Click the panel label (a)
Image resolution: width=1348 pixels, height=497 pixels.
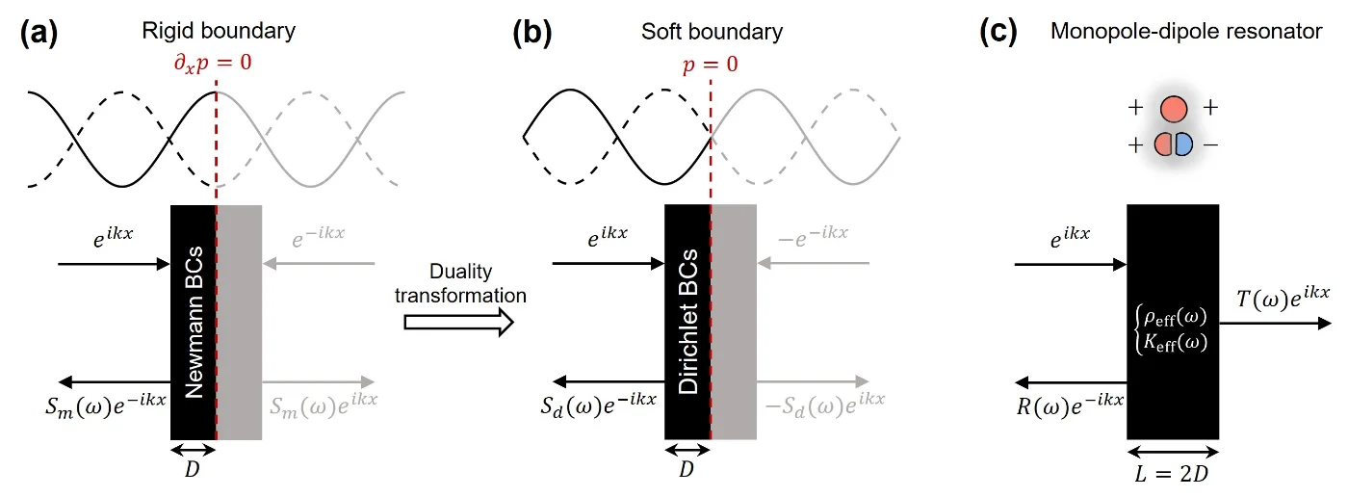[39, 32]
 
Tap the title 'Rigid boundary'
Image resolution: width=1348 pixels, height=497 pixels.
[219, 31]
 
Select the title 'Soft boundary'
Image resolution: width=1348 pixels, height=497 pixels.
[712, 31]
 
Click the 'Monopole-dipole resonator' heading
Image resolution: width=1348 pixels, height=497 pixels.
[1186, 31]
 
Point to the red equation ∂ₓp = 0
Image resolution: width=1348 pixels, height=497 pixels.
[213, 64]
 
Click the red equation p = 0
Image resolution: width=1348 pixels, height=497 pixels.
[711, 65]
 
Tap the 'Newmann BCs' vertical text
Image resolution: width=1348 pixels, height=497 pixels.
[194, 323]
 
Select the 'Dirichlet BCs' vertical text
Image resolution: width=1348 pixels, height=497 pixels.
[687, 322]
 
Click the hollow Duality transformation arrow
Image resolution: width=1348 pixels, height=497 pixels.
[458, 323]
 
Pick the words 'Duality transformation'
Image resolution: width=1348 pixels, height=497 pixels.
[460, 283]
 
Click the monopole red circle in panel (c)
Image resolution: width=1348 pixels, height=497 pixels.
[1174, 109]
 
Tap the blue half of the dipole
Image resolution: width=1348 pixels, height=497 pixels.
[1183, 144]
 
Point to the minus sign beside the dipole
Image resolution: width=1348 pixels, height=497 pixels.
[1211, 145]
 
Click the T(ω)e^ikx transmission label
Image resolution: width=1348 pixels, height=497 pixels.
[1283, 297]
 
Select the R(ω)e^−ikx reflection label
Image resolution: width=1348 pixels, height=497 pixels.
[1070, 405]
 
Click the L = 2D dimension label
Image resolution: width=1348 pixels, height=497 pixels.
[1172, 474]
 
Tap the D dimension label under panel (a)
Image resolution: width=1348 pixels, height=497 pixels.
[192, 469]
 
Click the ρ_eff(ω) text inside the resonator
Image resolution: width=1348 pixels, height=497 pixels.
[1175, 317]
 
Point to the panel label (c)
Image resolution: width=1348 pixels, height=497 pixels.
[998, 32]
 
